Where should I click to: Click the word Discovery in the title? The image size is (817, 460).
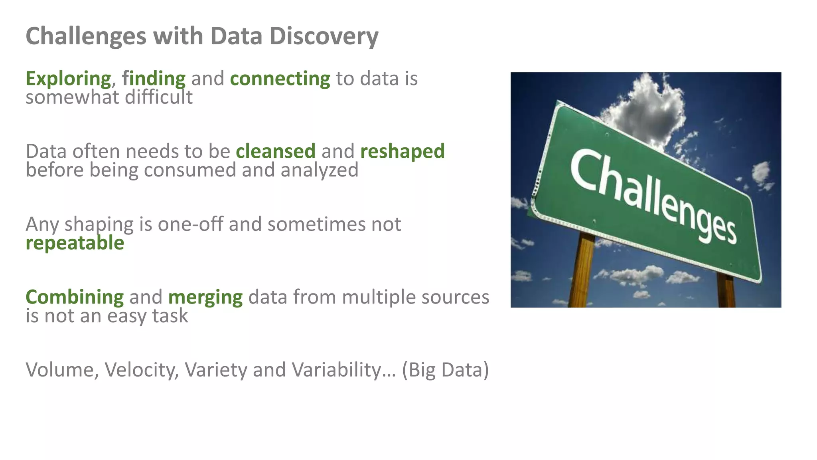[x=324, y=36]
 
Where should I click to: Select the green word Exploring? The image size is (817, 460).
[x=68, y=78]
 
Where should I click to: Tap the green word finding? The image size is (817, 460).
[x=154, y=78]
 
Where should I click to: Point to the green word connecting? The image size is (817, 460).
[x=280, y=78]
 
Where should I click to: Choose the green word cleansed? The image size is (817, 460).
[x=276, y=151]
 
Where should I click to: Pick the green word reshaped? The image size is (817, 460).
[x=402, y=151]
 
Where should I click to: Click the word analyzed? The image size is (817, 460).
[x=319, y=170]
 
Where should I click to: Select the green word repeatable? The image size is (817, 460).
[x=75, y=243]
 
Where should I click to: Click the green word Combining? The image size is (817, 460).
[x=75, y=297]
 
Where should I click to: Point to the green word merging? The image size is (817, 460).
[x=205, y=297]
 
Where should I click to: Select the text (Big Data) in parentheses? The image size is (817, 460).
[x=445, y=370]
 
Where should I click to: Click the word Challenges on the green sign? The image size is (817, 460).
[x=653, y=196]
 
